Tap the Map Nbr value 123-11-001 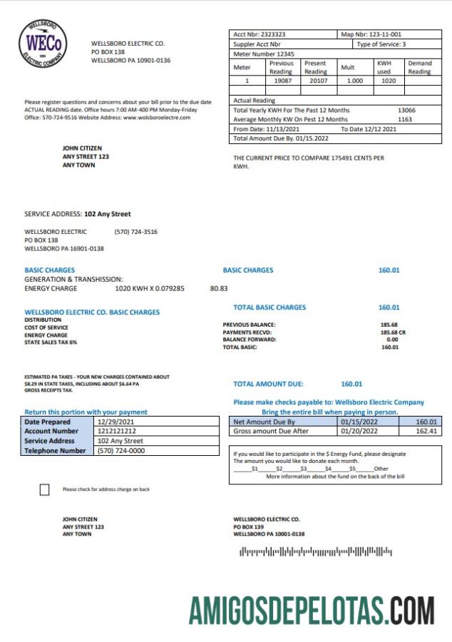383,34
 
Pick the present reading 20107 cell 315,81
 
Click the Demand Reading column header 419,67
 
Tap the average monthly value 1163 405,119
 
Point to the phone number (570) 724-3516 135,232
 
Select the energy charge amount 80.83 219,289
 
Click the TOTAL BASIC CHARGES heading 269,307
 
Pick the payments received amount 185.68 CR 393,332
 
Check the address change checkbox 45,489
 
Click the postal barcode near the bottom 315,551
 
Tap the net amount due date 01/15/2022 358,422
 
